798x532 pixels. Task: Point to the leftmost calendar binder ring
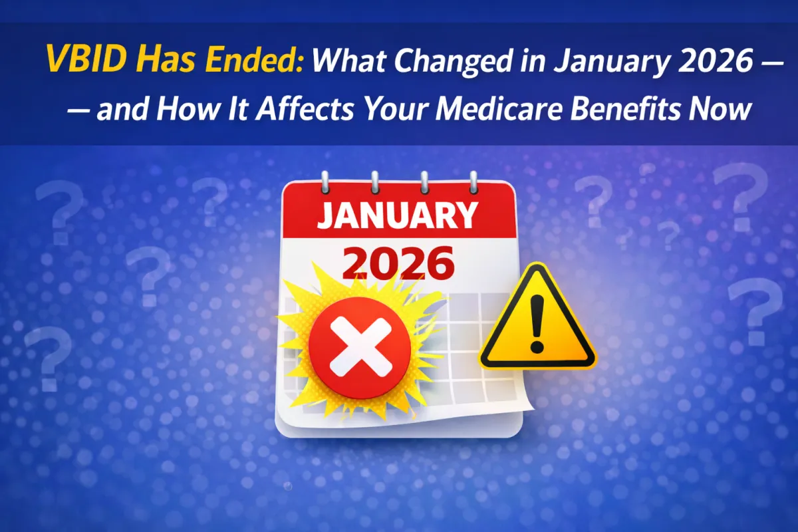click(x=325, y=181)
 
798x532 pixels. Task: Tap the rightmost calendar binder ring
click(x=473, y=181)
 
